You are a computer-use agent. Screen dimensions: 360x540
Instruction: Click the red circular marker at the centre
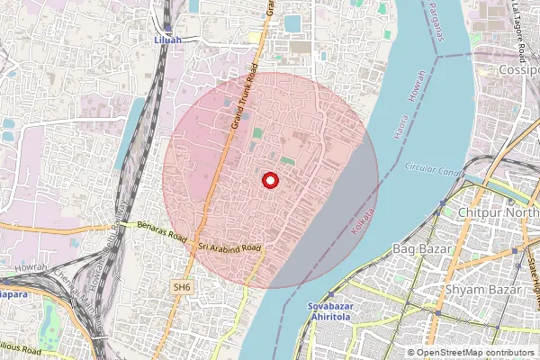tap(268, 181)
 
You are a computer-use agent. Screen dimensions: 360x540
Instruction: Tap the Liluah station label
tap(167, 40)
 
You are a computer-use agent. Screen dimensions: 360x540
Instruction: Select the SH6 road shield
tap(184, 287)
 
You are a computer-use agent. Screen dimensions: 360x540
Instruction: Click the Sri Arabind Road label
tap(229, 247)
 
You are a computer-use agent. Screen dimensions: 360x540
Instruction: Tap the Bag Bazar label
tap(420, 247)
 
